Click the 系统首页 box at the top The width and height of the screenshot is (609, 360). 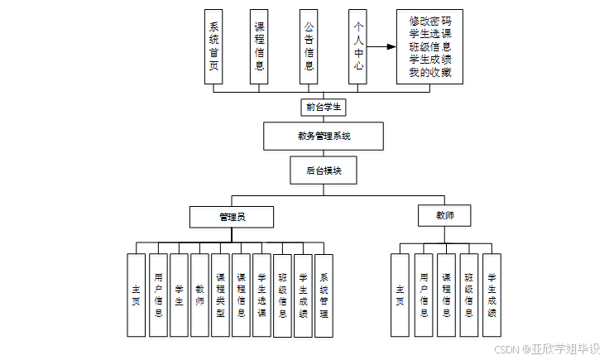(213, 46)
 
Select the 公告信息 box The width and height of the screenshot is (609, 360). (309, 46)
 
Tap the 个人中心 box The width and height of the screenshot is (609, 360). (357, 46)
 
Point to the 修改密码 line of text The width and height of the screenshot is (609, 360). (429, 21)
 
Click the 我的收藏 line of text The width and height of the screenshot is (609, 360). (429, 73)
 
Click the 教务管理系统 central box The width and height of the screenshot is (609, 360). (324, 136)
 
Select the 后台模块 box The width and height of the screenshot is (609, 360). (324, 170)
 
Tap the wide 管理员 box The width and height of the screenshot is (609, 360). (231, 217)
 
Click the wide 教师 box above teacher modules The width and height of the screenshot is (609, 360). (445, 217)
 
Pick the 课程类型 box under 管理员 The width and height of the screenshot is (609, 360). (220, 295)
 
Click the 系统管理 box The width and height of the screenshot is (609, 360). (324, 295)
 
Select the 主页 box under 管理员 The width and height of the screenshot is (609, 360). (137, 295)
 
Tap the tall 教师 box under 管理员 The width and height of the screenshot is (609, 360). (199, 295)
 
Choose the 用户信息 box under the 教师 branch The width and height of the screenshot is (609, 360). (424, 295)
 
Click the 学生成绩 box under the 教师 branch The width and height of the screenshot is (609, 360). (492, 295)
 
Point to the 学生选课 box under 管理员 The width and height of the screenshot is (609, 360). (261, 295)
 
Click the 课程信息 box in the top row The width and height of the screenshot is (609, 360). (260, 46)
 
